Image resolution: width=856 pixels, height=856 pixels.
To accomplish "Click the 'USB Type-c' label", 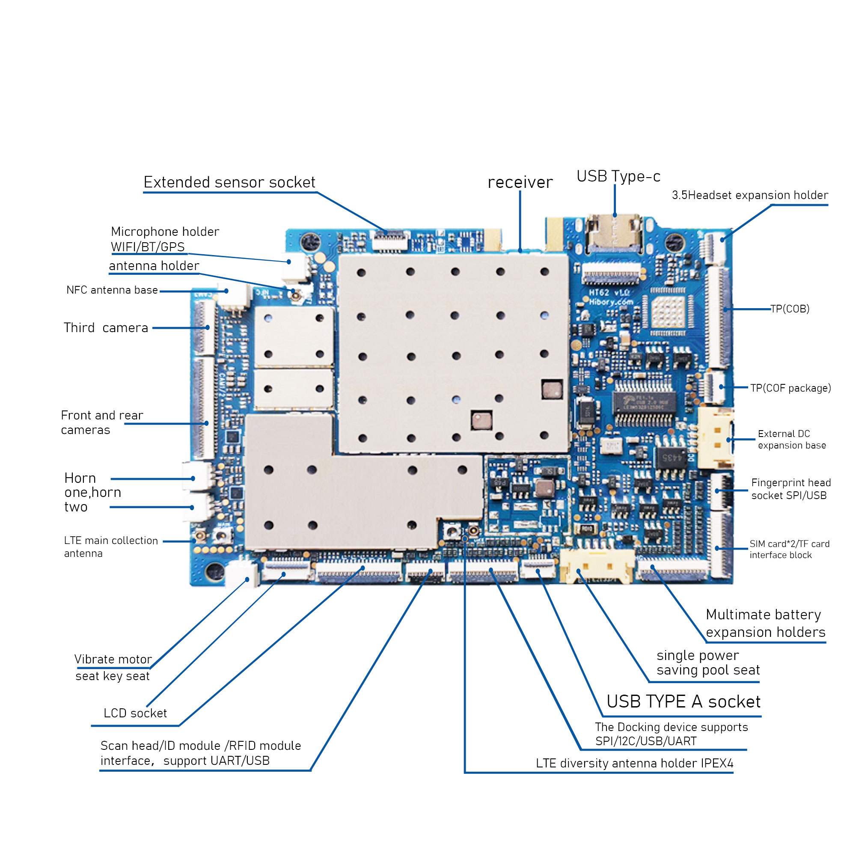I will pyautogui.click(x=618, y=176).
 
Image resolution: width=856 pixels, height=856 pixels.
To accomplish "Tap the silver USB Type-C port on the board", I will pyautogui.click(x=615, y=235).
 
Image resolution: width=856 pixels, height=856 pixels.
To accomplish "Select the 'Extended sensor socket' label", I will pyautogui.click(x=229, y=182).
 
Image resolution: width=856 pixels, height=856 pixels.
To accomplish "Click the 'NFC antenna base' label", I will pyautogui.click(x=112, y=290).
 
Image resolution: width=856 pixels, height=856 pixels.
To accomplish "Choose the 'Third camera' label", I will pyautogui.click(x=105, y=328).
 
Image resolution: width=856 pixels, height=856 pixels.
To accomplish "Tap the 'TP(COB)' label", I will pyautogui.click(x=790, y=309).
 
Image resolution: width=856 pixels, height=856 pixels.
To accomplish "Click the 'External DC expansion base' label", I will pyautogui.click(x=791, y=440).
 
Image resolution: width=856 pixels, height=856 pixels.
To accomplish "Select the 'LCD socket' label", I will pyautogui.click(x=135, y=713).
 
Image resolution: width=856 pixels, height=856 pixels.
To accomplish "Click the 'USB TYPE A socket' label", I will pyautogui.click(x=683, y=702).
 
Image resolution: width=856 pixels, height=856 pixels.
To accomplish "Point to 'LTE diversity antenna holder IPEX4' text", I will pyautogui.click(x=634, y=764).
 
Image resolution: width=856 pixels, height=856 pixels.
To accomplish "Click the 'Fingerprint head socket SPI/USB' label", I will pyautogui.click(x=791, y=489).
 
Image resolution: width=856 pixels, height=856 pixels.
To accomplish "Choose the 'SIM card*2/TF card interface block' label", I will pyautogui.click(x=789, y=550).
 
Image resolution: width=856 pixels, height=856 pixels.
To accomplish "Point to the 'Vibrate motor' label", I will pyautogui.click(x=113, y=659).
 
